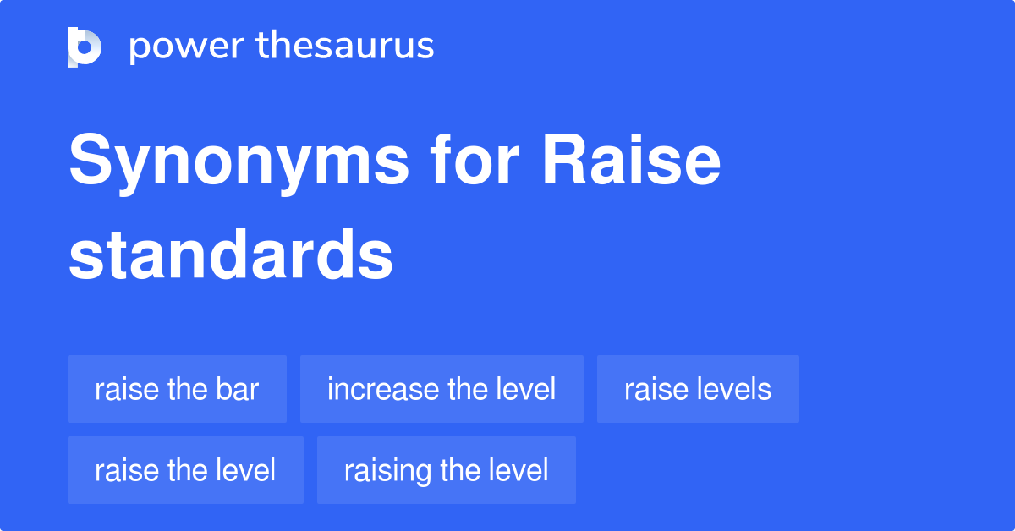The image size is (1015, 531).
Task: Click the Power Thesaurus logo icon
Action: click(85, 47)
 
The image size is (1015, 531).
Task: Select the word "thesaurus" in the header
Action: click(345, 47)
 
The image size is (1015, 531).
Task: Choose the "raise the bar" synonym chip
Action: click(177, 389)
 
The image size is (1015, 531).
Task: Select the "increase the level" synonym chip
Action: click(442, 389)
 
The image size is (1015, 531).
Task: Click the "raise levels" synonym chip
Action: click(698, 389)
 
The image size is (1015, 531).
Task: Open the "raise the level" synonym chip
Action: click(185, 470)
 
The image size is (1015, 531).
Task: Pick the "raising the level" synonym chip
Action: click(446, 470)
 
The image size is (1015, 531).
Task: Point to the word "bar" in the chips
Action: click(240, 389)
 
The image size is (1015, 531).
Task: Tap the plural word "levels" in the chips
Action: click(734, 389)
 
